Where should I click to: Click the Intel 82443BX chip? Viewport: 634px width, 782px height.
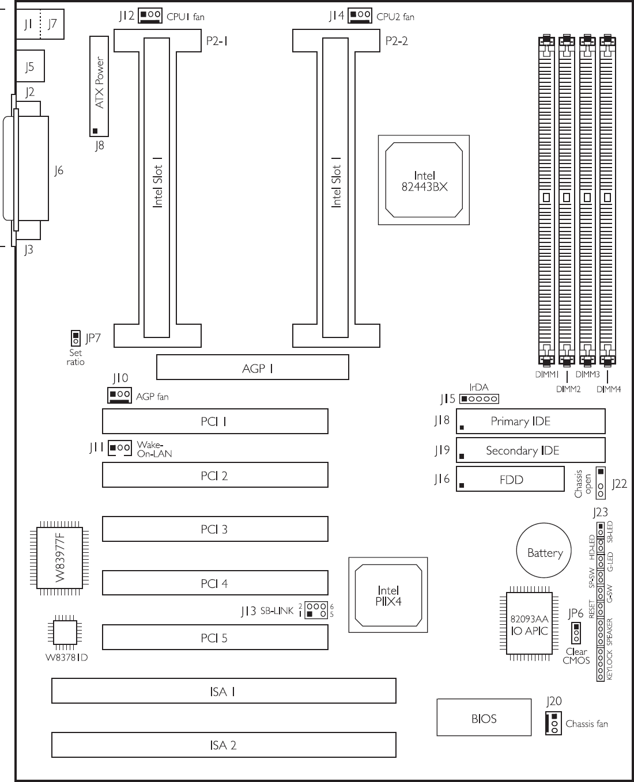point(424,180)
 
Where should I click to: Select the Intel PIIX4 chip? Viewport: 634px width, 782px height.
point(388,595)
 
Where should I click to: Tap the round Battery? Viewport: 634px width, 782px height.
point(544,551)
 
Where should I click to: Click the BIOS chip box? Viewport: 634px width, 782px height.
point(484,718)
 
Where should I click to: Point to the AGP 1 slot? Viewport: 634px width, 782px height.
point(252,367)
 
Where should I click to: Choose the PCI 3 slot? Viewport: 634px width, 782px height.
point(215,529)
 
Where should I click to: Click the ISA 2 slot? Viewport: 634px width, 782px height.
point(224,745)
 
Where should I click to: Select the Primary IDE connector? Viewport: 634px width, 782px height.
point(530,421)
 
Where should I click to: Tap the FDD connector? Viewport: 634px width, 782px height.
point(510,479)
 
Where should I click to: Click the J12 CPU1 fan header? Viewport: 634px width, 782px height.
point(150,16)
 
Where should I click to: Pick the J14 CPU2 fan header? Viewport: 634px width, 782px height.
point(360,16)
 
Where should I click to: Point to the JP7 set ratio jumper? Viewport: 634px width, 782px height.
point(76,338)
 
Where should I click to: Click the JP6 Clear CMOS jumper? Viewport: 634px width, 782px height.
point(576,633)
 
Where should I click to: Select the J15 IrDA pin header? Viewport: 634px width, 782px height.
point(479,398)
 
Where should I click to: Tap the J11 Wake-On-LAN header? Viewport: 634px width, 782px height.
point(120,448)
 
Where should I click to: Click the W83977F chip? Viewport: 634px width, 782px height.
point(59,558)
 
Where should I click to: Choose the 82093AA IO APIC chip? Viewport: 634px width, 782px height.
point(529,625)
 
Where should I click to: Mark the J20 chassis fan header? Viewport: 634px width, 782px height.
point(553,723)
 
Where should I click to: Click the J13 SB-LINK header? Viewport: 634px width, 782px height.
point(316,610)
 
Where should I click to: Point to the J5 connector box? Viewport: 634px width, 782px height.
point(31,66)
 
